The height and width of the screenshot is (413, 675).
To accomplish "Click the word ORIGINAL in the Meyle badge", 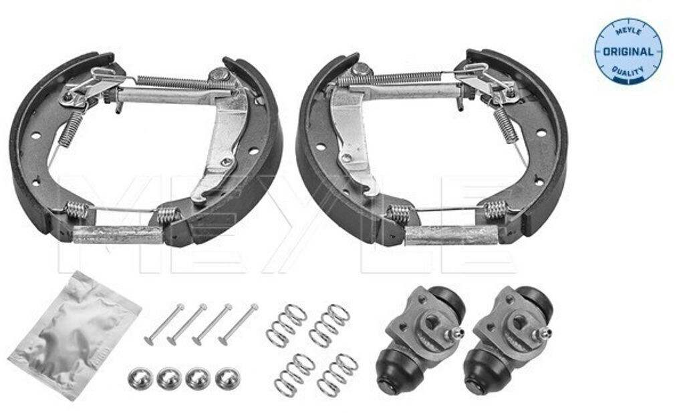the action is coord(628,51).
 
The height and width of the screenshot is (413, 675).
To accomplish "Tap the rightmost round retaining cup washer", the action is coord(227,378).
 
